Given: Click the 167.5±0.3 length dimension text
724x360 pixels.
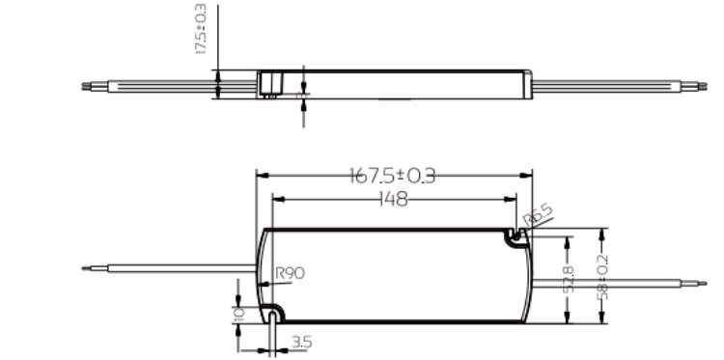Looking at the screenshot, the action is tap(393, 176).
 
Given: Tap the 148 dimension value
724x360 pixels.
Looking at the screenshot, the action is tap(394, 200).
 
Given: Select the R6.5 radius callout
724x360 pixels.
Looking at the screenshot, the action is tap(538, 216).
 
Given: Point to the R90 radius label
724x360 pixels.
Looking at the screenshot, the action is tap(290, 273).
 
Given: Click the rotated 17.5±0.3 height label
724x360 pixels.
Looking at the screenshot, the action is tap(202, 29).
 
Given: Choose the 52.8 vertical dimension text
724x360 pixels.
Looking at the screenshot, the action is tap(569, 279).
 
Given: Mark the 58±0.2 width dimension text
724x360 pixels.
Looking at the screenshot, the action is tap(602, 277).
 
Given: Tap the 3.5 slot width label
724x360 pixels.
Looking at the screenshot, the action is tap(302, 343).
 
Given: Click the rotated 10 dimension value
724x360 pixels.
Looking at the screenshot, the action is tap(239, 315).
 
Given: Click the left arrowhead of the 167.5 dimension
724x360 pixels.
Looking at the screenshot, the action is tap(263, 176).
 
